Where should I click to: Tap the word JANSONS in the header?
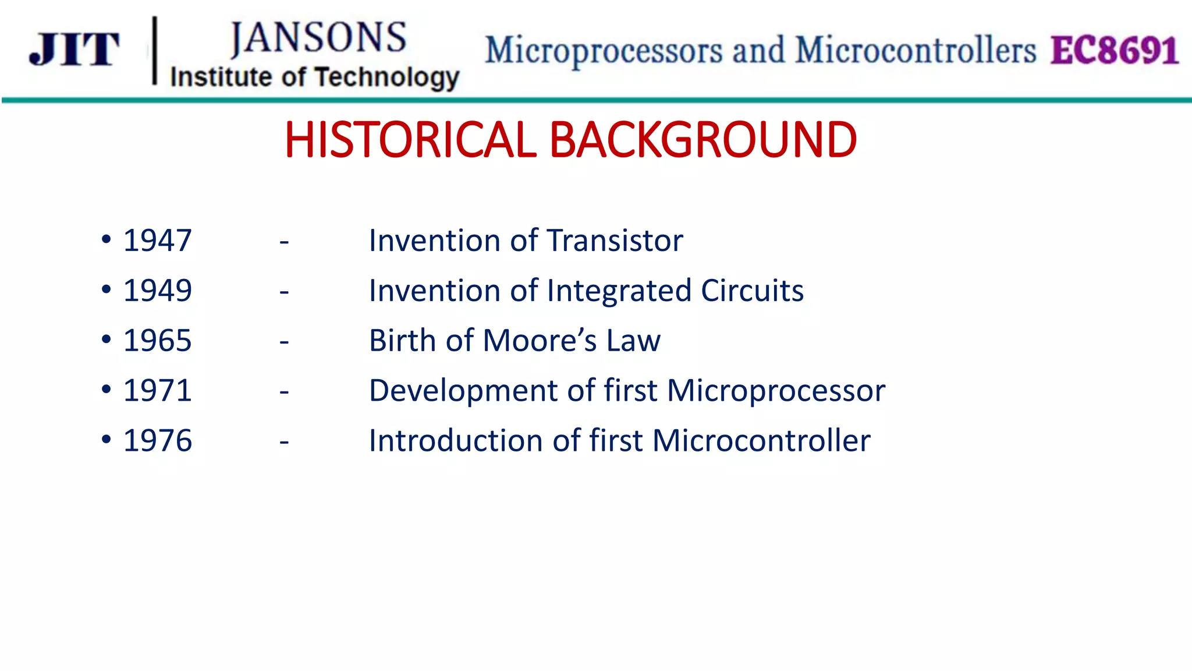318,38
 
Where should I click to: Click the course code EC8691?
1114,51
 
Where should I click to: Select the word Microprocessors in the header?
604,51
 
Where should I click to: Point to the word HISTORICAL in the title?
410,140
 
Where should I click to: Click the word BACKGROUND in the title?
703,140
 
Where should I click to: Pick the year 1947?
157,241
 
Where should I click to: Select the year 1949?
157,291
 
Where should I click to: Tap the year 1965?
157,341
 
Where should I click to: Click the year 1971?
157,391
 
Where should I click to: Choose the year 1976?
157,441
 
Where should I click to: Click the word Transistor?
615,241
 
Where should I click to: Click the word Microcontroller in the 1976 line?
761,441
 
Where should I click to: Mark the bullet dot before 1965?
106,339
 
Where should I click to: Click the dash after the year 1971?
284,392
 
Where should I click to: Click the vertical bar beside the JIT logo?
155,51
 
